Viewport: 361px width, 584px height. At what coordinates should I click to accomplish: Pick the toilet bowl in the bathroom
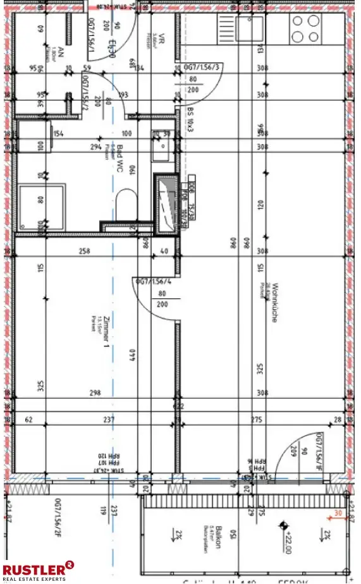[126, 202]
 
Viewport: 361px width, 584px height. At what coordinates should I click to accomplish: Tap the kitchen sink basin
[250, 28]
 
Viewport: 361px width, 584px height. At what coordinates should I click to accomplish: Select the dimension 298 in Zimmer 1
[95, 393]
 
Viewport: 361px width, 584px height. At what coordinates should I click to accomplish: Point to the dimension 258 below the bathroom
[84, 252]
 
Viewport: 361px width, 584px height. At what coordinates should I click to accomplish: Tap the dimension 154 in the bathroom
[59, 133]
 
